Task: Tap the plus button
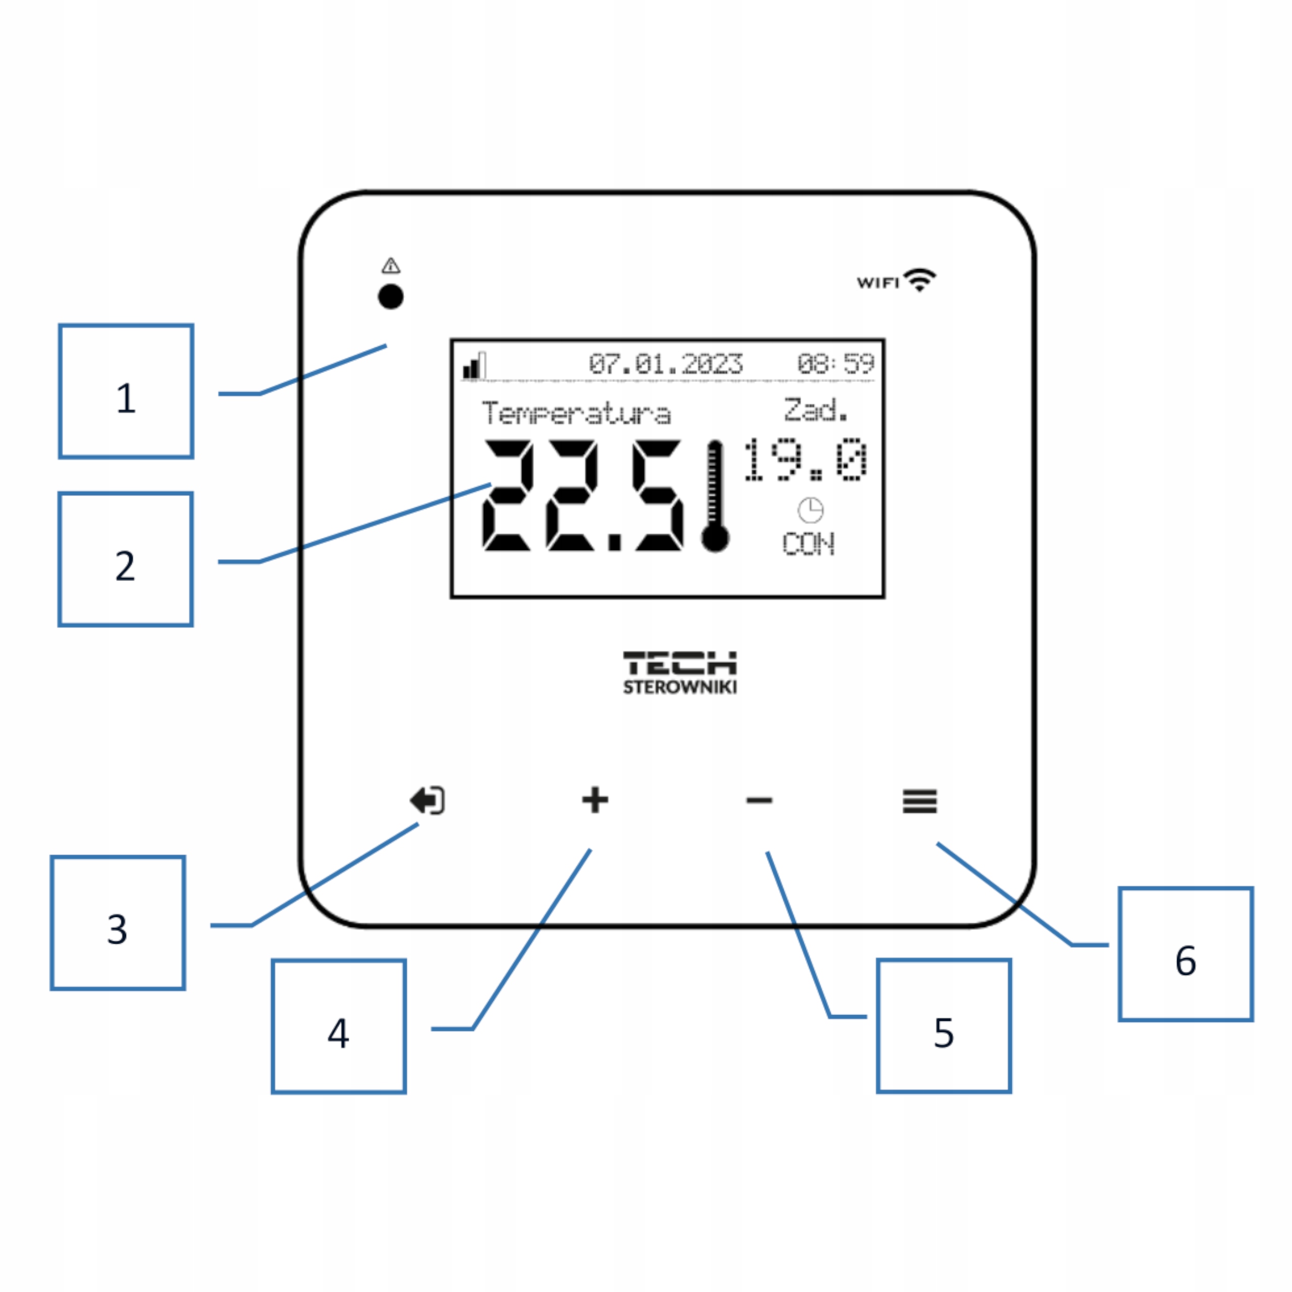pyautogui.click(x=595, y=800)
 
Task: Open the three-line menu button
pyautogui.click(x=920, y=800)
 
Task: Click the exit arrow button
pyautogui.click(x=427, y=800)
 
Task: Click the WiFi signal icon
pyautogui.click(x=920, y=280)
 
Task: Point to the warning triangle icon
pyautogui.click(x=391, y=265)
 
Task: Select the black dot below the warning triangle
pyautogui.click(x=391, y=296)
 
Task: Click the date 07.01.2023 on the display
pyautogui.click(x=665, y=364)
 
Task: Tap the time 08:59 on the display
pyautogui.click(x=835, y=364)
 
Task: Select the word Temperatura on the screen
pyautogui.click(x=576, y=413)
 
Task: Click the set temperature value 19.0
pyautogui.click(x=806, y=459)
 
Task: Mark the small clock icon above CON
pyautogui.click(x=811, y=510)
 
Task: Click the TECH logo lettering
pyautogui.click(x=679, y=663)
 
